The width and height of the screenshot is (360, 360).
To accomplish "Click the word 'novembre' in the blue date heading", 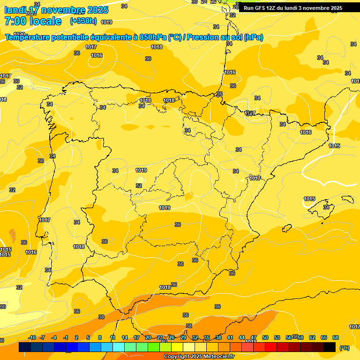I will coord(63,10).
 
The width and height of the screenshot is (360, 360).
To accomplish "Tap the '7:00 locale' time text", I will coord(33,21).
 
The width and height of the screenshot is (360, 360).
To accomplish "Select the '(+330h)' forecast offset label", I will coord(83,21).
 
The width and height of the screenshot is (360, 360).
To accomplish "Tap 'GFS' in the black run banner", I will coord(260,8).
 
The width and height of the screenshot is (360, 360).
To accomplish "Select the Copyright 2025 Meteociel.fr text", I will coord(199,357).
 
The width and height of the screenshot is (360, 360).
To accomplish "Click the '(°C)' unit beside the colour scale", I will coord(344,348).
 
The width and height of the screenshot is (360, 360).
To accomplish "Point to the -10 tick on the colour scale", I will coord(32,337).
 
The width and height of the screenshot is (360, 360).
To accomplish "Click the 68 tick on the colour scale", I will coord(336,337).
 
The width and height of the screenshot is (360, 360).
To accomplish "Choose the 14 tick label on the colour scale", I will coord(125,337).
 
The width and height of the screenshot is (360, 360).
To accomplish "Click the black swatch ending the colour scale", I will coord(330,347).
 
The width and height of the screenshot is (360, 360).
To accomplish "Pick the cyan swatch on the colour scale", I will coord(119,347).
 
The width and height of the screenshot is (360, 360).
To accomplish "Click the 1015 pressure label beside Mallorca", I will coord(309,199).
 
